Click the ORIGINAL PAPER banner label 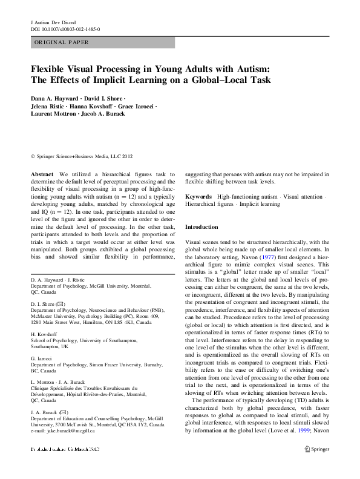coord(62,42)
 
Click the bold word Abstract coord(42,173)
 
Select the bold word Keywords coord(198,197)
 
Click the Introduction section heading coord(201,226)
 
